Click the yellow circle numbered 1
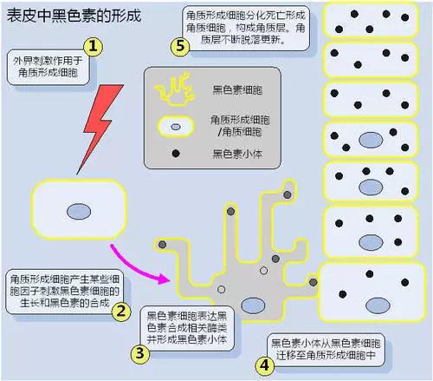coord(93,46)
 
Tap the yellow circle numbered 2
coord(121,312)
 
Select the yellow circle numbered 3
coord(140,353)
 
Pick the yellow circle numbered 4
coord(265,365)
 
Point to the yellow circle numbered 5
coord(180,46)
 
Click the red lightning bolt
coord(100,128)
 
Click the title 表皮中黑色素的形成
coord(74,16)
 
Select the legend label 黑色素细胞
coord(237,90)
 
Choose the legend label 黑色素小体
coord(237,154)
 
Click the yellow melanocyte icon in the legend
coord(174,89)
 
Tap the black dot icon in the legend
coord(176,154)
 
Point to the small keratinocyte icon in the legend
coord(176,127)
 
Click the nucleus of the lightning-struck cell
coord(79,212)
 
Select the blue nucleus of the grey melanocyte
coord(253,305)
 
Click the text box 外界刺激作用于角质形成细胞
coord(48,67)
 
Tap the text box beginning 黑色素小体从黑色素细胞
coord(326,350)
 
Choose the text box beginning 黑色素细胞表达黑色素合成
coord(187,328)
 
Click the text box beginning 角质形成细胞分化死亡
coord(246,28)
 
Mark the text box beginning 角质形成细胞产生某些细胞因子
coord(65,292)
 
